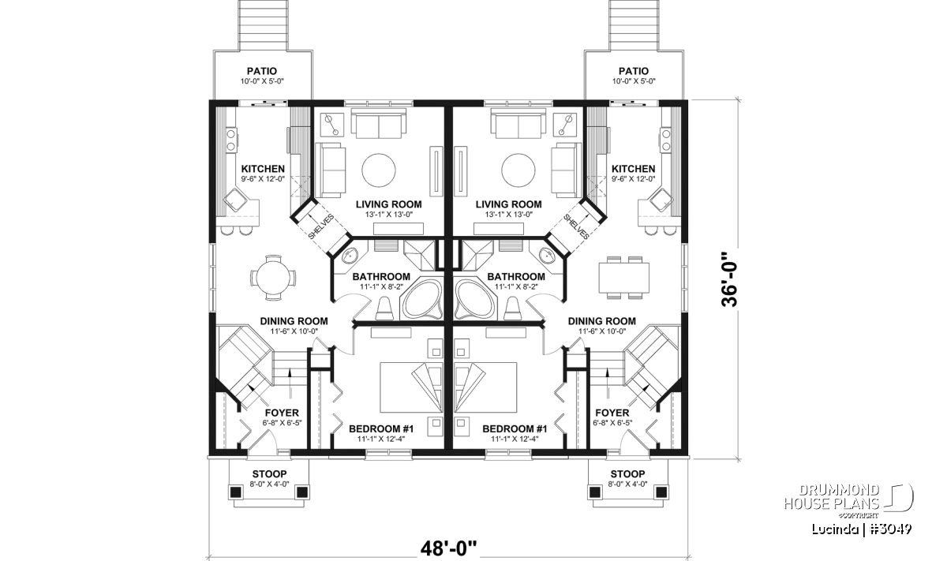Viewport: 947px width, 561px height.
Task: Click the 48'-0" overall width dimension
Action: [x=448, y=548]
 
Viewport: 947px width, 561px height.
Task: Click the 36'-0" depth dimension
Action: [x=730, y=280]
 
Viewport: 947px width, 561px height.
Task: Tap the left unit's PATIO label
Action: [x=262, y=71]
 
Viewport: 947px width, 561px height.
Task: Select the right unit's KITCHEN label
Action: [x=633, y=169]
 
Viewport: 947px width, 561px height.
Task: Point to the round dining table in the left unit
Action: [x=273, y=278]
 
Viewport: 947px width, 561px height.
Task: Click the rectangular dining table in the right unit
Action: [x=623, y=277]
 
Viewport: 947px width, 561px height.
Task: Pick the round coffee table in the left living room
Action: [x=379, y=170]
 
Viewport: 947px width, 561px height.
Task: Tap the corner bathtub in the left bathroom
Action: [x=423, y=298]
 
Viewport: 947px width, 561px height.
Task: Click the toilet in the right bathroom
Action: [x=512, y=309]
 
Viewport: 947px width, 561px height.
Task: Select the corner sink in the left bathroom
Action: [x=349, y=256]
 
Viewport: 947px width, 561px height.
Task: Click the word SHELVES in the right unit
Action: [x=576, y=226]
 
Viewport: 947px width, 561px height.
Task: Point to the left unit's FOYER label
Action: [x=282, y=413]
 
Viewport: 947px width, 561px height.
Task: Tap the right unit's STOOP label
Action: [x=628, y=474]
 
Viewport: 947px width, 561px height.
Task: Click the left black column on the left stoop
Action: [x=235, y=492]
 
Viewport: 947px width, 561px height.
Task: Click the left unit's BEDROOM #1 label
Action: [x=381, y=429]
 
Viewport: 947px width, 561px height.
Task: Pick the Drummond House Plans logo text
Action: [x=832, y=497]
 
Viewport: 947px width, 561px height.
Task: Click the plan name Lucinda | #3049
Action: [x=862, y=529]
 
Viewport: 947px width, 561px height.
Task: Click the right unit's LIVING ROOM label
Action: [x=508, y=204]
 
